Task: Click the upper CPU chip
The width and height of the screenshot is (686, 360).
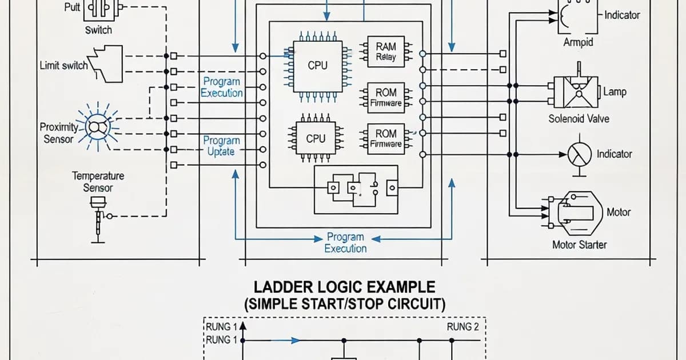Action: (317, 66)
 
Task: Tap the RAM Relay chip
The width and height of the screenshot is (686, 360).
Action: (386, 51)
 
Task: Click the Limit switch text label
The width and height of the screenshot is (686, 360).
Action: (63, 65)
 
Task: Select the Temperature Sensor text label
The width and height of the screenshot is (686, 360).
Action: (98, 182)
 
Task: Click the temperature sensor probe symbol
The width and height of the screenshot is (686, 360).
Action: (99, 217)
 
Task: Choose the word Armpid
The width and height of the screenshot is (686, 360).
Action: (578, 42)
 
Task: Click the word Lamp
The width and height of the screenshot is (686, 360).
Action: (615, 92)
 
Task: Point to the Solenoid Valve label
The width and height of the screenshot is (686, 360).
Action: (579, 119)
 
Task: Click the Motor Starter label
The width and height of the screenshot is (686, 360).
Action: (579, 245)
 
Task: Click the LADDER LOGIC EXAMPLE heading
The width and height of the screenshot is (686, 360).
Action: (344, 287)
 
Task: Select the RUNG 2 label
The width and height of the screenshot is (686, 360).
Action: (463, 327)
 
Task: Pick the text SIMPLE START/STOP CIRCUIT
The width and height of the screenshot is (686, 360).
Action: (345, 304)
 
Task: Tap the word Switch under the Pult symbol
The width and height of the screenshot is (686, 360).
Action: (98, 30)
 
